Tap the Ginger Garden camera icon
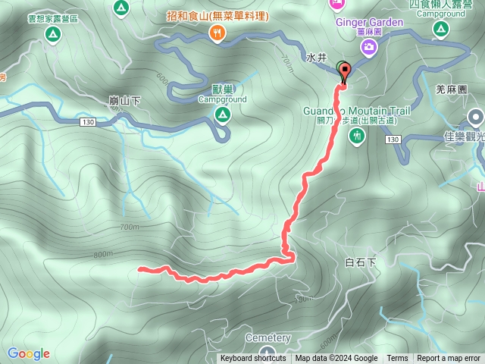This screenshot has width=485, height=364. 368,48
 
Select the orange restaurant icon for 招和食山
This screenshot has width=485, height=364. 217,32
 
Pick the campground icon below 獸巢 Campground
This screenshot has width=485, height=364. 222,115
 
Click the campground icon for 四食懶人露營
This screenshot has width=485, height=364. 440,29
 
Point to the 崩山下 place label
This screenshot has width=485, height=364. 125,100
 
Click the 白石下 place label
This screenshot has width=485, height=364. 360,262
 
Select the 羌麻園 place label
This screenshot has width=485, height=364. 451,89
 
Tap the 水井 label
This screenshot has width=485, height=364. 316,57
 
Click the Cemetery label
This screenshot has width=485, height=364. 268,337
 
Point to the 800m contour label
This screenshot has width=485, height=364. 103,255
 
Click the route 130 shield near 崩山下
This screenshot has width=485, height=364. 87,121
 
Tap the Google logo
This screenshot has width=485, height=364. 29,353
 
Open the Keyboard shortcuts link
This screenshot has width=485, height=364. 253,359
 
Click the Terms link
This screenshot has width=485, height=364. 397,359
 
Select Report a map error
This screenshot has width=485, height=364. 449,359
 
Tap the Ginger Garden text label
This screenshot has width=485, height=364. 370,23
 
